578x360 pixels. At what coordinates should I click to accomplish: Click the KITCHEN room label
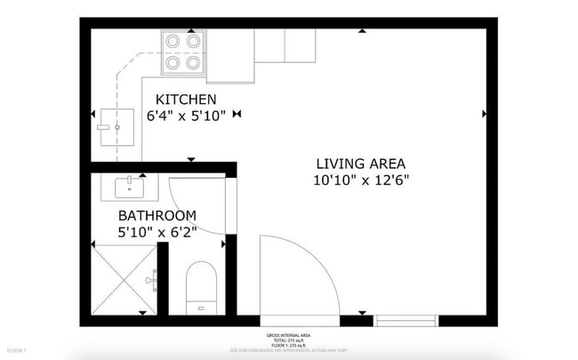coord(185,99)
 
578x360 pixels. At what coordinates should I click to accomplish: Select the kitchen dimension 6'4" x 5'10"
coord(186,115)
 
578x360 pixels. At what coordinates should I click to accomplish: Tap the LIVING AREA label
coord(360,164)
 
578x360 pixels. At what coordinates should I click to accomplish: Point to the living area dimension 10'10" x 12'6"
coord(360,180)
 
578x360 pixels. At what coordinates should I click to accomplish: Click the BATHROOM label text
coord(157,216)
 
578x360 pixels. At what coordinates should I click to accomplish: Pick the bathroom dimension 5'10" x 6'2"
coord(157,232)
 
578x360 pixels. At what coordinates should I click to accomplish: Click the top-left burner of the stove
coord(173,41)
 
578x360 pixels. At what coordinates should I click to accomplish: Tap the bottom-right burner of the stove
coord(194,62)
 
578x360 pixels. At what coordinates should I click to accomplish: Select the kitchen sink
coord(116,128)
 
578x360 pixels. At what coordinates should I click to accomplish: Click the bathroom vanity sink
coord(130,188)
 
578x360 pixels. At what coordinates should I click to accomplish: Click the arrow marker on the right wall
coord(485,113)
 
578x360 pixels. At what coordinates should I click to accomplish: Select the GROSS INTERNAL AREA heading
coord(288,335)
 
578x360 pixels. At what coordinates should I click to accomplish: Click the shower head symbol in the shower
coord(155,278)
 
